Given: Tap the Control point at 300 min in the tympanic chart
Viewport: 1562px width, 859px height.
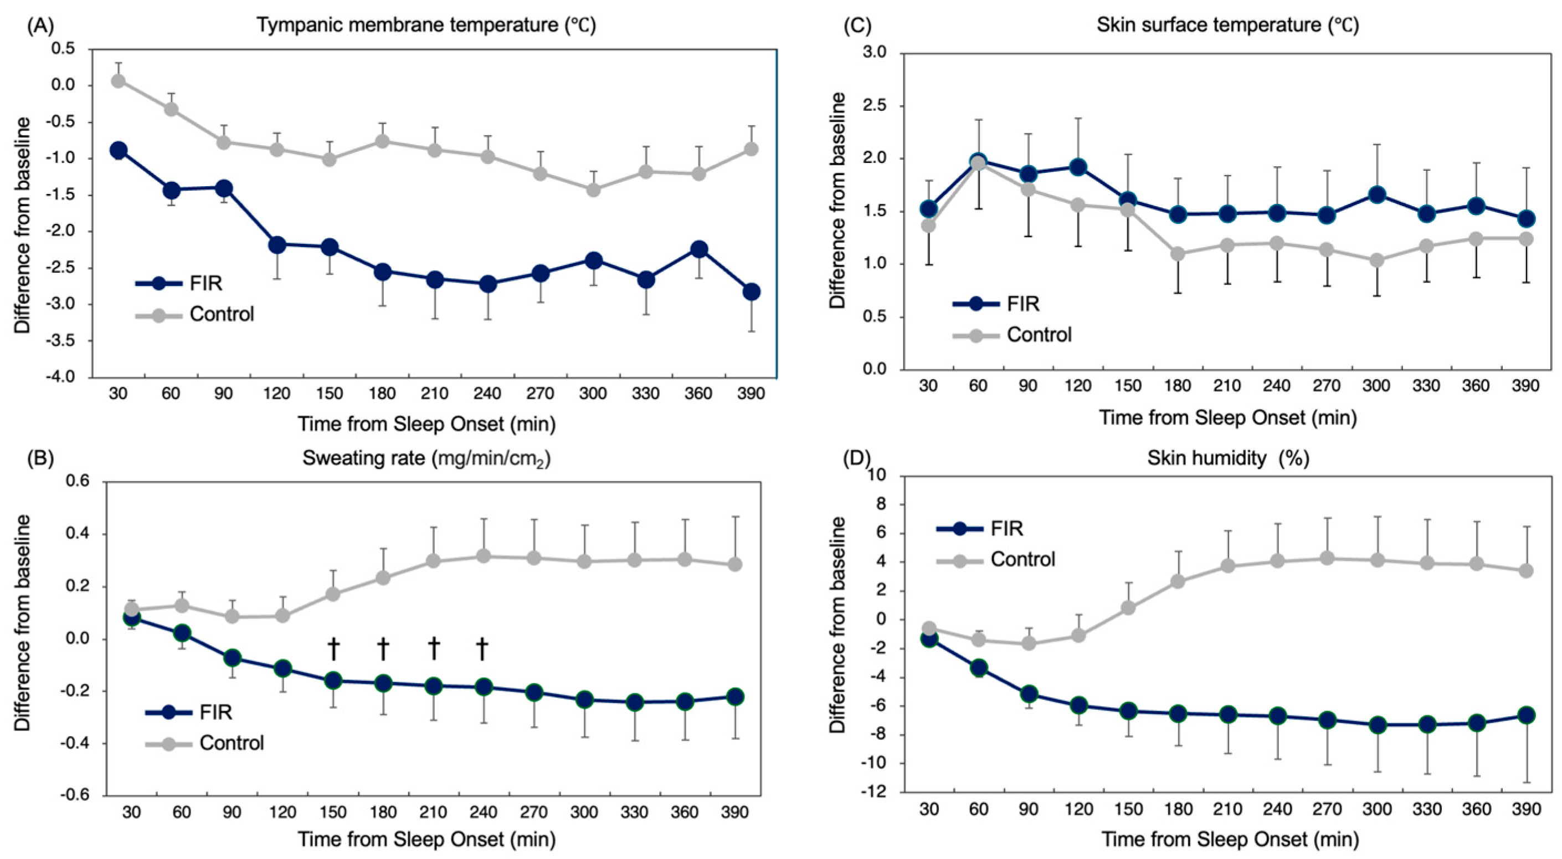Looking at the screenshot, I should click(593, 190).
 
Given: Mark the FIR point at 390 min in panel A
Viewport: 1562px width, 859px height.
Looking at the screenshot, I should click(751, 292).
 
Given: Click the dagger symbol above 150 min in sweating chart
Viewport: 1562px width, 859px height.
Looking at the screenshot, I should click(333, 648).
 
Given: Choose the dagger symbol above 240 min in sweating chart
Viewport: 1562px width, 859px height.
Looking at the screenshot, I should click(482, 648).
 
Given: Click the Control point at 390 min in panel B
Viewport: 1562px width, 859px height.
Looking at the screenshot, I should click(735, 564).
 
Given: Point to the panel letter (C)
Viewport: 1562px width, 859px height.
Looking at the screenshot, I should click(857, 25).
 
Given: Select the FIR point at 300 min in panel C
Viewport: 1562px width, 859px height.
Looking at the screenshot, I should click(1376, 195).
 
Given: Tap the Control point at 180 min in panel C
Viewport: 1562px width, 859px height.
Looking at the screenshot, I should click(1178, 254).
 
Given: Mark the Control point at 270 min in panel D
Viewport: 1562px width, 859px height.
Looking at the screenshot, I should click(1327, 558).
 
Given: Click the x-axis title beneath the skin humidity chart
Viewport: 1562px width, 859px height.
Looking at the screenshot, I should click(1230, 840).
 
